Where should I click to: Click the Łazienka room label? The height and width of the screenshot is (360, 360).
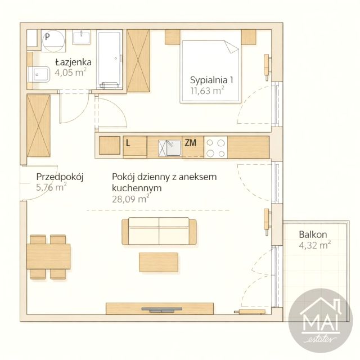tap(73, 62)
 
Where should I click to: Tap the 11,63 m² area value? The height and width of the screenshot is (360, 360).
tap(208, 91)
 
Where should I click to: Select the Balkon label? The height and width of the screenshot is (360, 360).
tap(313, 235)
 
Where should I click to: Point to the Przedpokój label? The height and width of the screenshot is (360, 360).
tap(60, 177)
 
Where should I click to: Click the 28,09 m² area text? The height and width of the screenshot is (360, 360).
tap(130, 199)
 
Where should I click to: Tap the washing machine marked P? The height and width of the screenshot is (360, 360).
tap(53, 40)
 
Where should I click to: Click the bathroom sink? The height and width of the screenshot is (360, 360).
tap(81, 37)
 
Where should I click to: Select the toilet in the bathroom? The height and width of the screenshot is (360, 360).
tap(39, 74)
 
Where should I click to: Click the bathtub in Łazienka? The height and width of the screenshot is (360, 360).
tap(109, 60)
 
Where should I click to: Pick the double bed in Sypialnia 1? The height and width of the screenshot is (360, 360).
tap(210, 71)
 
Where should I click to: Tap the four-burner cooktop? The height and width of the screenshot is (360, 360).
tap(215, 147)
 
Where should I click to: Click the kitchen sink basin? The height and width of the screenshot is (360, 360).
tap(174, 148)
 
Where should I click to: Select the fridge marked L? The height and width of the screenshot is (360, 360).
tap(135, 147)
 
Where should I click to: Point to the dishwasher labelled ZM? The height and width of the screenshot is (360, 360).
tap(193, 147)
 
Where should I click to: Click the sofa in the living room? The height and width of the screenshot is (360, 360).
tap(159, 231)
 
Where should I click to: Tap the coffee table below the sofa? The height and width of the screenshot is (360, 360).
tap(159, 263)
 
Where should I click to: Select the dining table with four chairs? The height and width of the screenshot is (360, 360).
tap(48, 256)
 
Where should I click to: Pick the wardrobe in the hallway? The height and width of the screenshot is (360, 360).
tap(38, 126)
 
